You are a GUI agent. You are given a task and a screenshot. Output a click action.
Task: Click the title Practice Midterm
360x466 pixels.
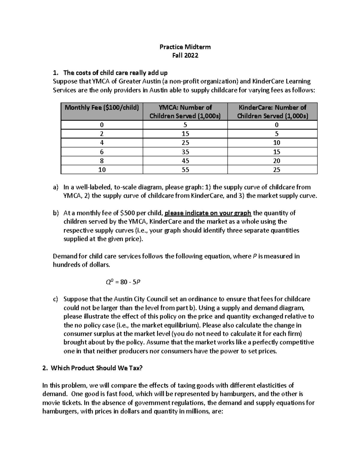(x=185, y=47)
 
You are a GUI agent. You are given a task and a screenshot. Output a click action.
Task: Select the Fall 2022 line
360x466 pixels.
(x=185, y=56)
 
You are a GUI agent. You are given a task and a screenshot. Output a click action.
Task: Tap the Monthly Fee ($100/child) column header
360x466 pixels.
(x=102, y=107)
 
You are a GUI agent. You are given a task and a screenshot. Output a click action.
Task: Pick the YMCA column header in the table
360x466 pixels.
(x=185, y=112)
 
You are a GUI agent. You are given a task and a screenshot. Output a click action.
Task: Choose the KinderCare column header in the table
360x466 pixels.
(x=272, y=112)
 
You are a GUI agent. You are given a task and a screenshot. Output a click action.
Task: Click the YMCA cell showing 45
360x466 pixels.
(x=185, y=161)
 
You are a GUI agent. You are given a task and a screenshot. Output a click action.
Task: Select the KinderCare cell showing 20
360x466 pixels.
(x=276, y=161)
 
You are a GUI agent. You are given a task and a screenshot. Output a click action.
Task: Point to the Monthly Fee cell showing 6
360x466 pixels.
(x=102, y=152)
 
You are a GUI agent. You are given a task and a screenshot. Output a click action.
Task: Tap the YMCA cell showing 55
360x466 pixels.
(x=185, y=170)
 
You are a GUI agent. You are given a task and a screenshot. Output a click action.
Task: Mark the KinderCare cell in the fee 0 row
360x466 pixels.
(x=276, y=125)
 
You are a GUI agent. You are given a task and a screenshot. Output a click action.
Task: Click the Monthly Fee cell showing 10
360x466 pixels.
(x=102, y=170)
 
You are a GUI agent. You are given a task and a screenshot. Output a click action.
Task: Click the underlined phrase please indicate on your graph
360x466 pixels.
(x=208, y=213)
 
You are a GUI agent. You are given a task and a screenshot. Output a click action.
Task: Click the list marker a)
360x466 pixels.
(x=55, y=187)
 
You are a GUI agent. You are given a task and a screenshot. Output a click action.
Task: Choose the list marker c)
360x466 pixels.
(x=55, y=299)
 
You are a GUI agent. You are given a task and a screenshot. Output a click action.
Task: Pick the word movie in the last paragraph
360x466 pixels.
(x=51, y=403)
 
